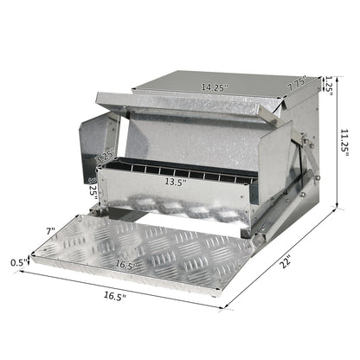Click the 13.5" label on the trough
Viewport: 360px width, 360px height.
click(x=177, y=183)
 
